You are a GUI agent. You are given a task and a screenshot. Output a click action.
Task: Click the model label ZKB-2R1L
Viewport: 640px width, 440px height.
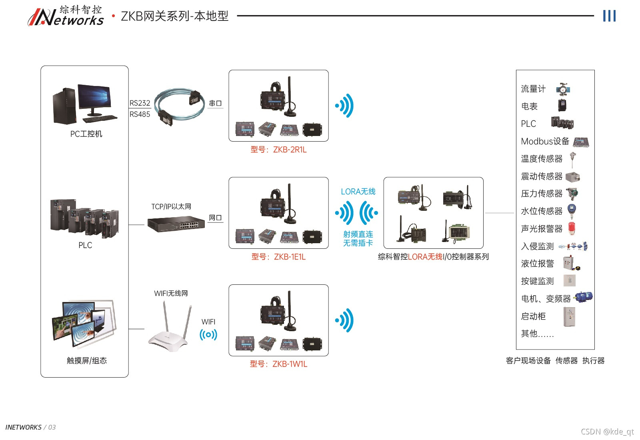tap(278, 150)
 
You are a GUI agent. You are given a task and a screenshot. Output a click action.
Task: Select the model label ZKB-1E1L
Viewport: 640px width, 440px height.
tap(278, 257)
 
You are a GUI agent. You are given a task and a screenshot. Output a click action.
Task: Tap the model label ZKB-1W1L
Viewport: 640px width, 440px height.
tap(278, 364)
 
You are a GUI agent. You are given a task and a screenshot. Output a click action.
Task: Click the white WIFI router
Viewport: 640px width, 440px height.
tap(168, 332)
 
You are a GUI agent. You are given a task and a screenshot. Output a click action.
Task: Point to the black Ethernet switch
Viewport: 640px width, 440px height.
tap(176, 224)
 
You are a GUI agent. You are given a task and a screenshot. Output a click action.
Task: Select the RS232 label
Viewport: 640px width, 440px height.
tap(140, 103)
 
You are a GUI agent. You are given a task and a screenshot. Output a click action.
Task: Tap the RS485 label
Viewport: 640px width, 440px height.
tap(140, 114)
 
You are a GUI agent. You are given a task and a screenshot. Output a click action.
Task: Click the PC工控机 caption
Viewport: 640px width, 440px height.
tap(86, 134)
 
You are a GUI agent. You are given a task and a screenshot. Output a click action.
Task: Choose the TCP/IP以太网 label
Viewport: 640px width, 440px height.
tap(171, 207)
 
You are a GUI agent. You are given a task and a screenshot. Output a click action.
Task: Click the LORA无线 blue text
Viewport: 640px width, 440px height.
tap(358, 192)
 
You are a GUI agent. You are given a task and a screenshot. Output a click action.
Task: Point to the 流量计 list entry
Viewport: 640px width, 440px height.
tap(533, 89)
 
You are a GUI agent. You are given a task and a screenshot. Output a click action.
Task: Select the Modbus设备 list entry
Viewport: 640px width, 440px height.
tap(545, 141)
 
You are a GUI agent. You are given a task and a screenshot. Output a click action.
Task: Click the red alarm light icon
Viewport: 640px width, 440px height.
tap(572, 228)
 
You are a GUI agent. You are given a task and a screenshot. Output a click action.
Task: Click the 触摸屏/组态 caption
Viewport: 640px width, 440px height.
tap(87, 361)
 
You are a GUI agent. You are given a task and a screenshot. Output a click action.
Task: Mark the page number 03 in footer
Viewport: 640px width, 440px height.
tap(52, 427)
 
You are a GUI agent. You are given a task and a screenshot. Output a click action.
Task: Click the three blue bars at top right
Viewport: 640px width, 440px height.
tap(609, 16)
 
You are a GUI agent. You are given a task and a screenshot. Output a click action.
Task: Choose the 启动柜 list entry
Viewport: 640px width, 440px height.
tap(533, 316)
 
